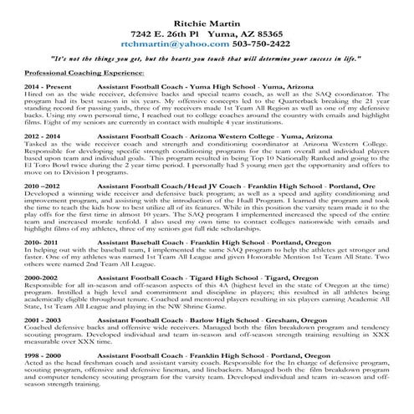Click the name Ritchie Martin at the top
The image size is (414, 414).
coord(206,16)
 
